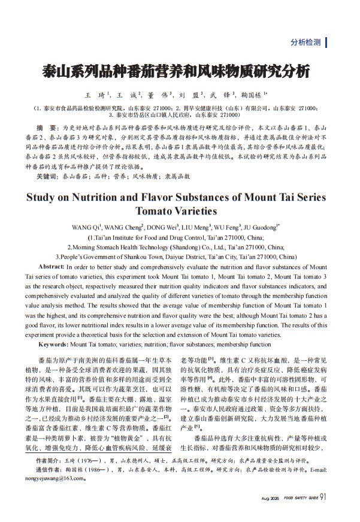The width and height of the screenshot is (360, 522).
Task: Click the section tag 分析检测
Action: point(305,43)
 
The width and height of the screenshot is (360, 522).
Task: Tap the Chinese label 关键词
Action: point(47,177)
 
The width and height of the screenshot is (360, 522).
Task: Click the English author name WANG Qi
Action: point(86,228)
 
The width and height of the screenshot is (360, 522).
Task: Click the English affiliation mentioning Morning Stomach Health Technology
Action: point(176,246)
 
